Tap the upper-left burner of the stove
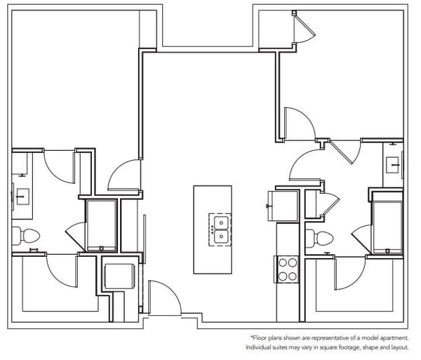[283, 262]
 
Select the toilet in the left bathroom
[26, 236]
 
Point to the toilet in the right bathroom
[320, 238]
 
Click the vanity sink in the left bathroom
[23, 196]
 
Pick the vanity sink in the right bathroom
[392, 165]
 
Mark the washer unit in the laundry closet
[119, 276]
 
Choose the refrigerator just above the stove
[283, 206]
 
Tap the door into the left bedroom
[125, 175]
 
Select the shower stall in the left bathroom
[101, 225]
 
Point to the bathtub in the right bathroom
[387, 223]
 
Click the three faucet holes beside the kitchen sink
[212, 229]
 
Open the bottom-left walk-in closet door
[62, 270]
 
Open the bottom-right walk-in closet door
[350, 273]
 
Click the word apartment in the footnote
[394, 338]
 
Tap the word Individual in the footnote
[258, 347]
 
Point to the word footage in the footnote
[350, 347]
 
